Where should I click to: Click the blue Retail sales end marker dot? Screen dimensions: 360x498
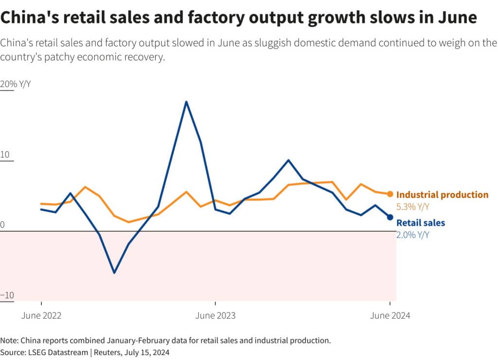coord(390,217)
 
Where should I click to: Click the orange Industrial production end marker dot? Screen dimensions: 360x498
coord(390,194)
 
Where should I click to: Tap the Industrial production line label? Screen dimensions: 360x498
coord(442,195)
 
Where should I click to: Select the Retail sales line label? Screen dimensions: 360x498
coord(421,223)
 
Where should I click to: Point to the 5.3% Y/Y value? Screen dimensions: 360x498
coord(413,207)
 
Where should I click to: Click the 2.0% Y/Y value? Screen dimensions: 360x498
coord(413,235)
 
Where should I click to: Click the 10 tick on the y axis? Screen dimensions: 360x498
coord(5,155)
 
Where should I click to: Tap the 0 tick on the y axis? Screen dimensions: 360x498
coord(3,225)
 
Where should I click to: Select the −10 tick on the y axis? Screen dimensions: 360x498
coord(7,295)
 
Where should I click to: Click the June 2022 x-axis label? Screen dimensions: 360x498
coord(41,315)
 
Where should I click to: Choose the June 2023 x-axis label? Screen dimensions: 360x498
coord(215,315)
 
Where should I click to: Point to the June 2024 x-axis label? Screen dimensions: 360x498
coord(390,315)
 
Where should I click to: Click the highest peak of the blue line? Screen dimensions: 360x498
coord(186,102)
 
